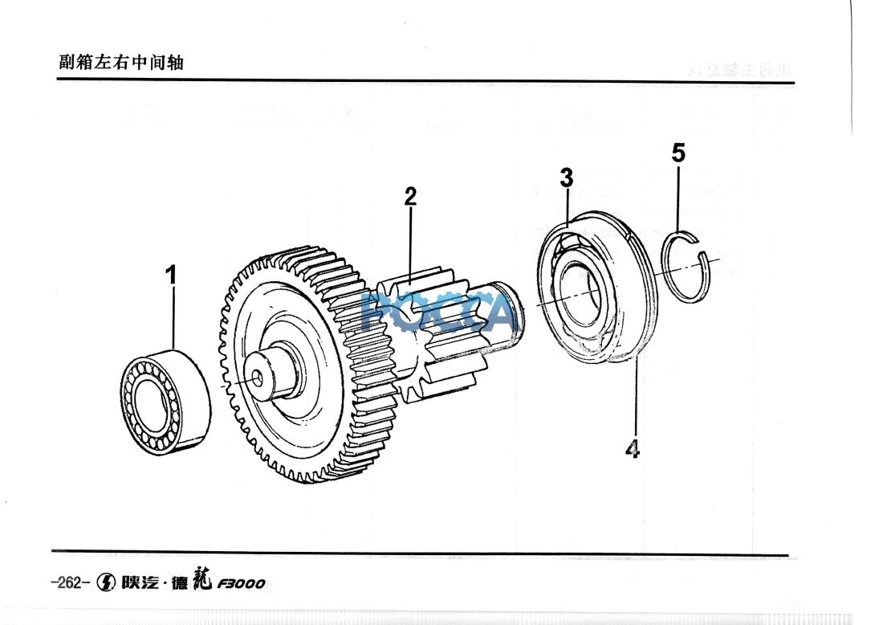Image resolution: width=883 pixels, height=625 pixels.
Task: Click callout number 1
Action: [170, 275]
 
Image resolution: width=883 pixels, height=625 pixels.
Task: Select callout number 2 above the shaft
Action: [410, 196]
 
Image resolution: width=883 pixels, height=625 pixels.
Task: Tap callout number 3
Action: [567, 178]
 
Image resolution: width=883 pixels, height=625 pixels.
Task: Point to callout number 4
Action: [633, 448]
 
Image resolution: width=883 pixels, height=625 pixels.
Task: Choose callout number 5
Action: [679, 153]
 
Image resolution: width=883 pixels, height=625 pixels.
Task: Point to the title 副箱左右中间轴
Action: [121, 62]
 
